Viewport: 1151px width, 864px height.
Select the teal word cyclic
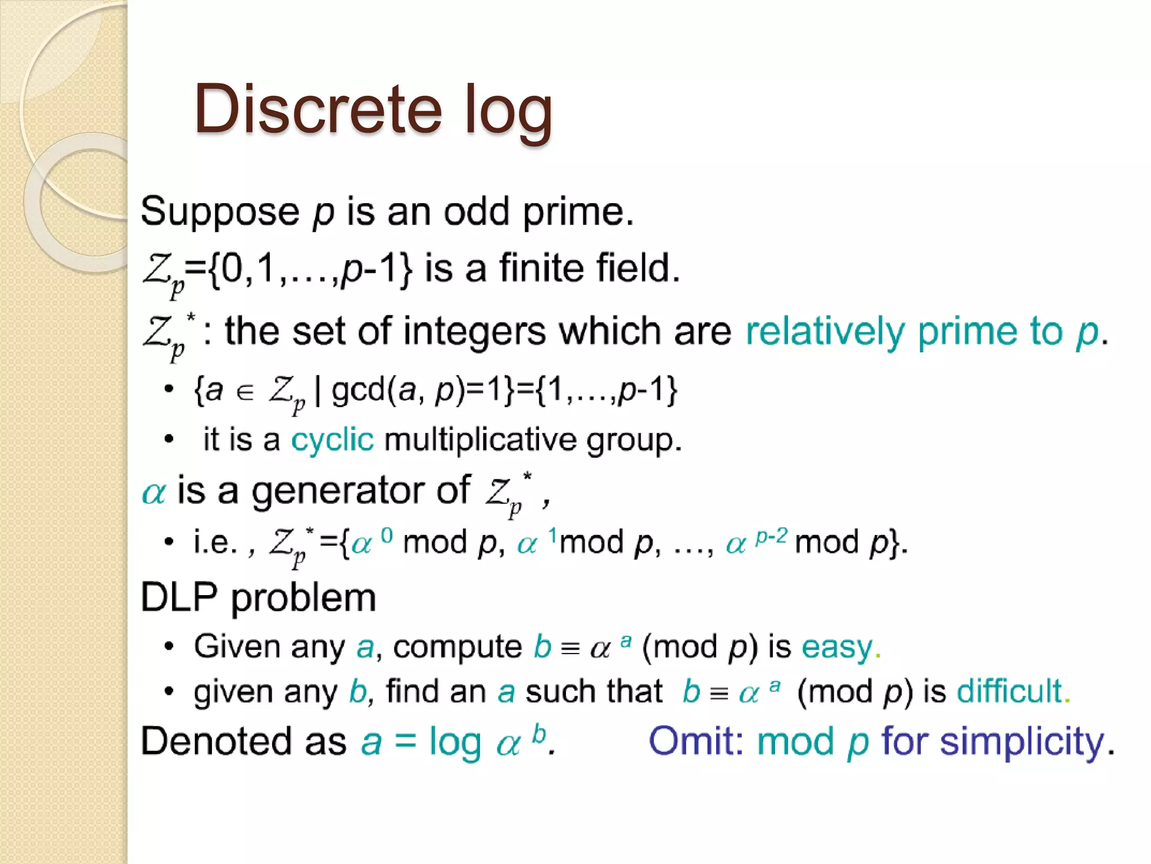[332, 439]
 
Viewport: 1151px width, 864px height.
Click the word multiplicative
[480, 439]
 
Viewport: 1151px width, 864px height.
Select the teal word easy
[837, 647]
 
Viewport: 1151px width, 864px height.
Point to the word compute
[457, 647]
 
